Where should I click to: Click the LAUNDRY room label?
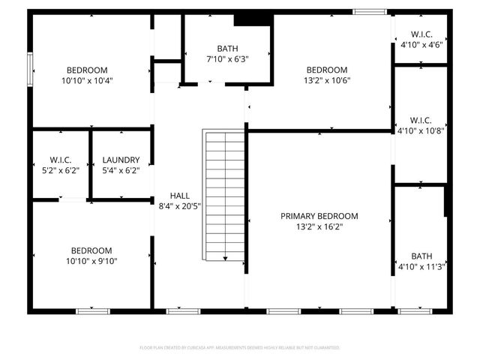click(121, 160)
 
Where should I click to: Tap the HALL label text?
click(180, 194)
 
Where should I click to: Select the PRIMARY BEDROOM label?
click(319, 216)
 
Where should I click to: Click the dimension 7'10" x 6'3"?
click(228, 58)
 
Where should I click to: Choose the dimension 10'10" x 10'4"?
click(91, 80)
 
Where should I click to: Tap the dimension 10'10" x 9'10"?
click(91, 261)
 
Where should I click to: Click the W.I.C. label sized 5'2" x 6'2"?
click(61, 160)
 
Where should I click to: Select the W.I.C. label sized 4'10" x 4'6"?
click(421, 34)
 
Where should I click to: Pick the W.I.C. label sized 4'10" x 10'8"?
click(421, 120)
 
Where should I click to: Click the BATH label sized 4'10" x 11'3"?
click(421, 256)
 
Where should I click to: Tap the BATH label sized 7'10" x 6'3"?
click(228, 48)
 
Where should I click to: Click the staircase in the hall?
click(225, 195)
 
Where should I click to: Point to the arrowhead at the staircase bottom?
click(225, 259)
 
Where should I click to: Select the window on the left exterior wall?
click(31, 70)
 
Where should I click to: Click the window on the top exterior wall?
click(370, 11)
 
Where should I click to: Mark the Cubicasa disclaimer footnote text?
click(240, 348)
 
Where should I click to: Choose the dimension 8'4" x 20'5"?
click(180, 205)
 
